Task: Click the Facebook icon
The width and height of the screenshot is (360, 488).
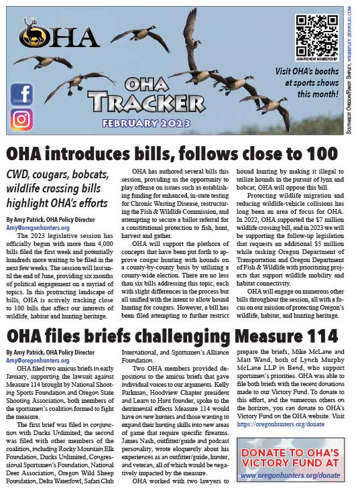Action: [21, 93]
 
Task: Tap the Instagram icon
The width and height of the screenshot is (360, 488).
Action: [21, 119]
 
